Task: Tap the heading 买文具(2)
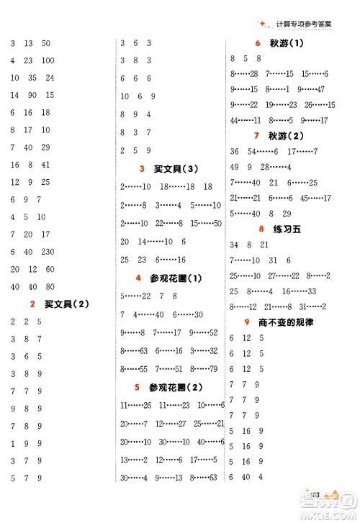(66, 304)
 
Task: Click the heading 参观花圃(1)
(176, 278)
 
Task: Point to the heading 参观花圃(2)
(176, 387)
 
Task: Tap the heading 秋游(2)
(286, 135)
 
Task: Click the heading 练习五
(282, 229)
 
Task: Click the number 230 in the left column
(48, 252)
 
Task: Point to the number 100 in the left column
(48, 60)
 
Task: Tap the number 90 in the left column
(32, 95)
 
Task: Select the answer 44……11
(246, 120)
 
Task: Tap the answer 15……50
(205, 223)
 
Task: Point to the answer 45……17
(315, 198)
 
